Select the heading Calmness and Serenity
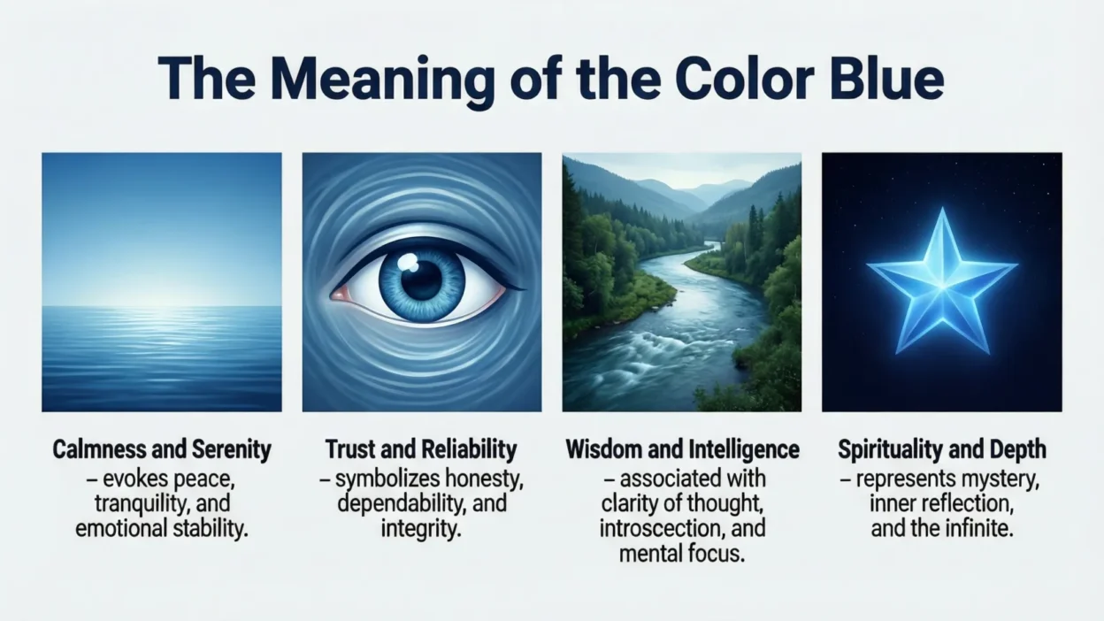pyautogui.click(x=162, y=449)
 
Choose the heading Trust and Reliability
pyautogui.click(x=421, y=449)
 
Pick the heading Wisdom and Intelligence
pyautogui.click(x=682, y=449)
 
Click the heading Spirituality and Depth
pyautogui.click(x=942, y=449)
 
